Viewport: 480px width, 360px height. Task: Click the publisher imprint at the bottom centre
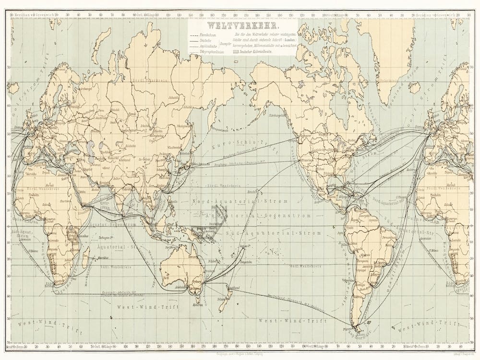[240, 353]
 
